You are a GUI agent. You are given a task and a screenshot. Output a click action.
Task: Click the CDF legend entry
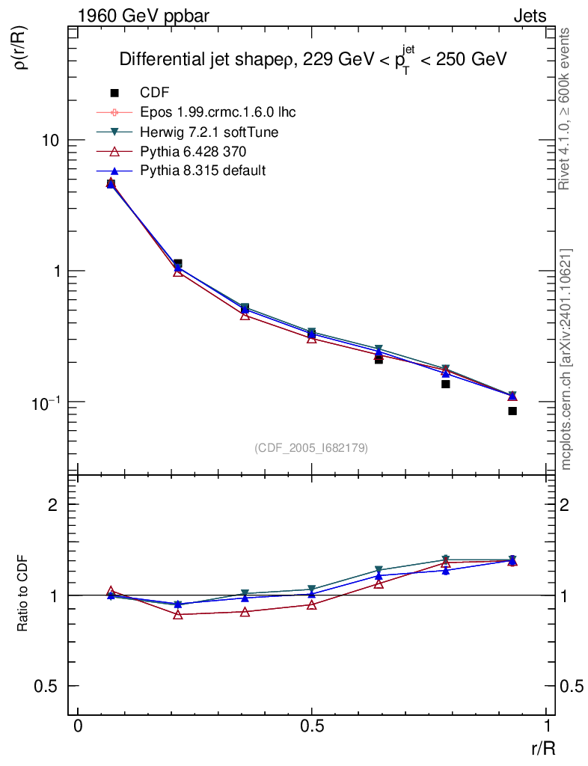point(155,93)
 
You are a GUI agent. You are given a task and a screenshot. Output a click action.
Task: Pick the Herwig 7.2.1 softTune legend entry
point(209,132)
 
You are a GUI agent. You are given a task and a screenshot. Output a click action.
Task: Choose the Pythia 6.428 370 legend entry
point(197,152)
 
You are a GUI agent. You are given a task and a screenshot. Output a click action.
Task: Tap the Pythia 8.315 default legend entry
point(203,171)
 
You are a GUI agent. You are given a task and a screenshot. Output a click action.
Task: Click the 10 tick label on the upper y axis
point(51,141)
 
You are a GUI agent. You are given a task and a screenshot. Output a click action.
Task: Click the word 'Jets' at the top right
point(530,16)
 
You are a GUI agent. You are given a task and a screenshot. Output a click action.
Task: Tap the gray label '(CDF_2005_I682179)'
point(311,447)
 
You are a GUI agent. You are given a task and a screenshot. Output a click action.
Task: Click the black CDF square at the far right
point(512,411)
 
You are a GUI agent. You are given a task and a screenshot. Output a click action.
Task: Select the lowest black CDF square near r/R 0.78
point(445,384)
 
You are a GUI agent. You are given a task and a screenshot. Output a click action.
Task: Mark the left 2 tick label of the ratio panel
point(53,505)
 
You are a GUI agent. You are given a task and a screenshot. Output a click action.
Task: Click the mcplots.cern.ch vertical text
point(566,359)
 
